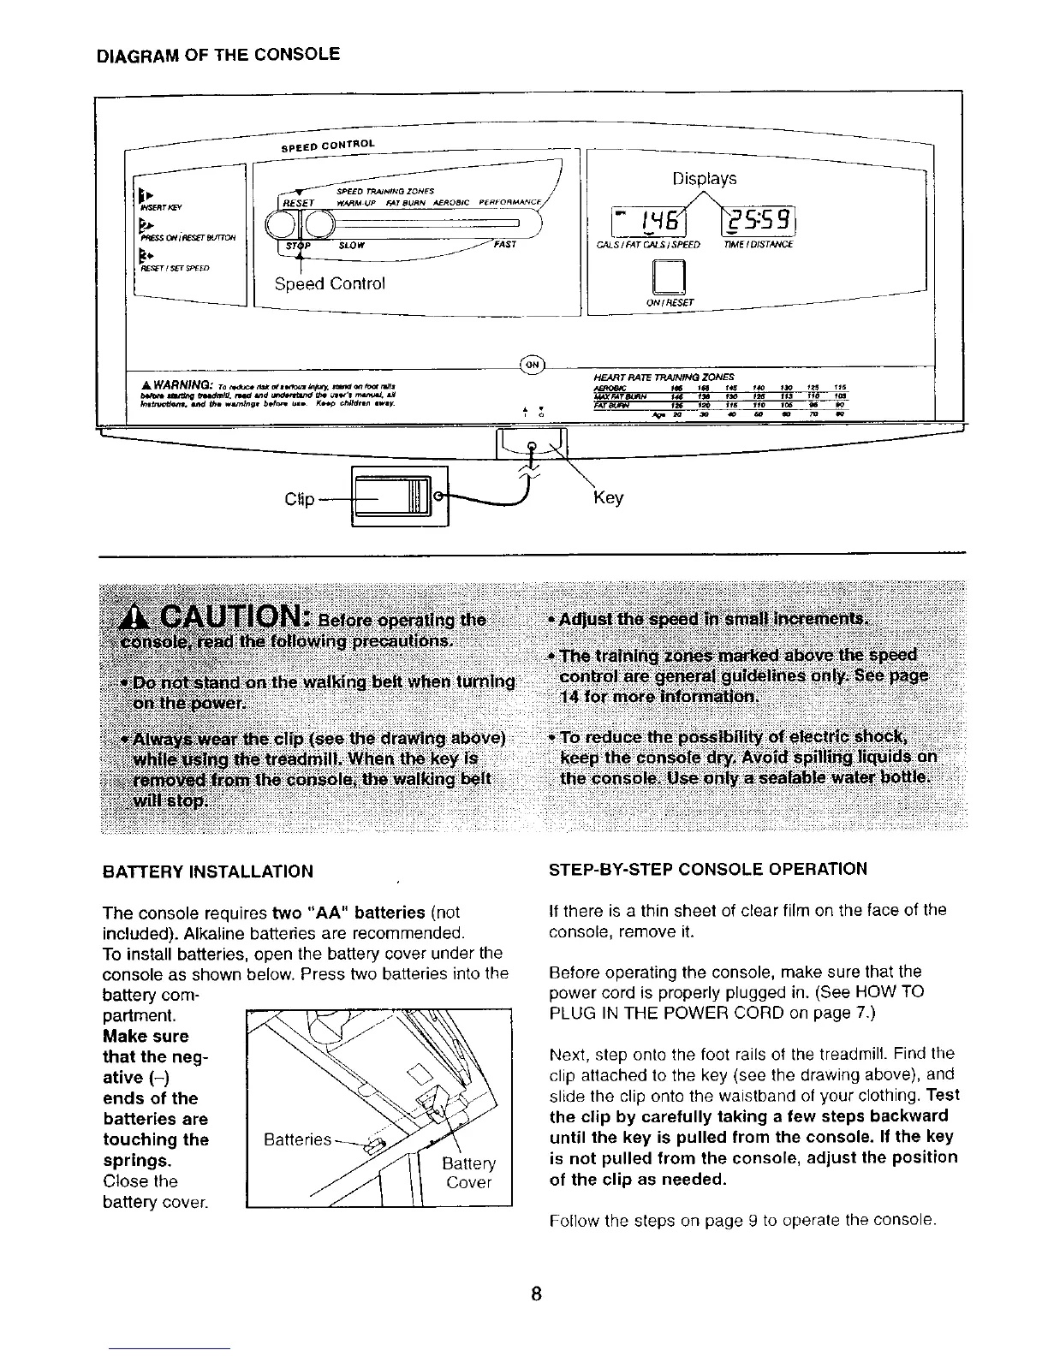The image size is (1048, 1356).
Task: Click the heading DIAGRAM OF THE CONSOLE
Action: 218,56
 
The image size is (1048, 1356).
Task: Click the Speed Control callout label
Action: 330,283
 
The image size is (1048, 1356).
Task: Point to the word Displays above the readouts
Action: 704,179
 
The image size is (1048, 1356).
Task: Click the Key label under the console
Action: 608,497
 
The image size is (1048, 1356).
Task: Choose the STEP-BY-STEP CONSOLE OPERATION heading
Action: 707,870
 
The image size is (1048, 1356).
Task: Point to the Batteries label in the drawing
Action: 296,1140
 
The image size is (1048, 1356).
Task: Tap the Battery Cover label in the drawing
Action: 468,1173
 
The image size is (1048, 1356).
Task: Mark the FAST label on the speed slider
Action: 505,244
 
